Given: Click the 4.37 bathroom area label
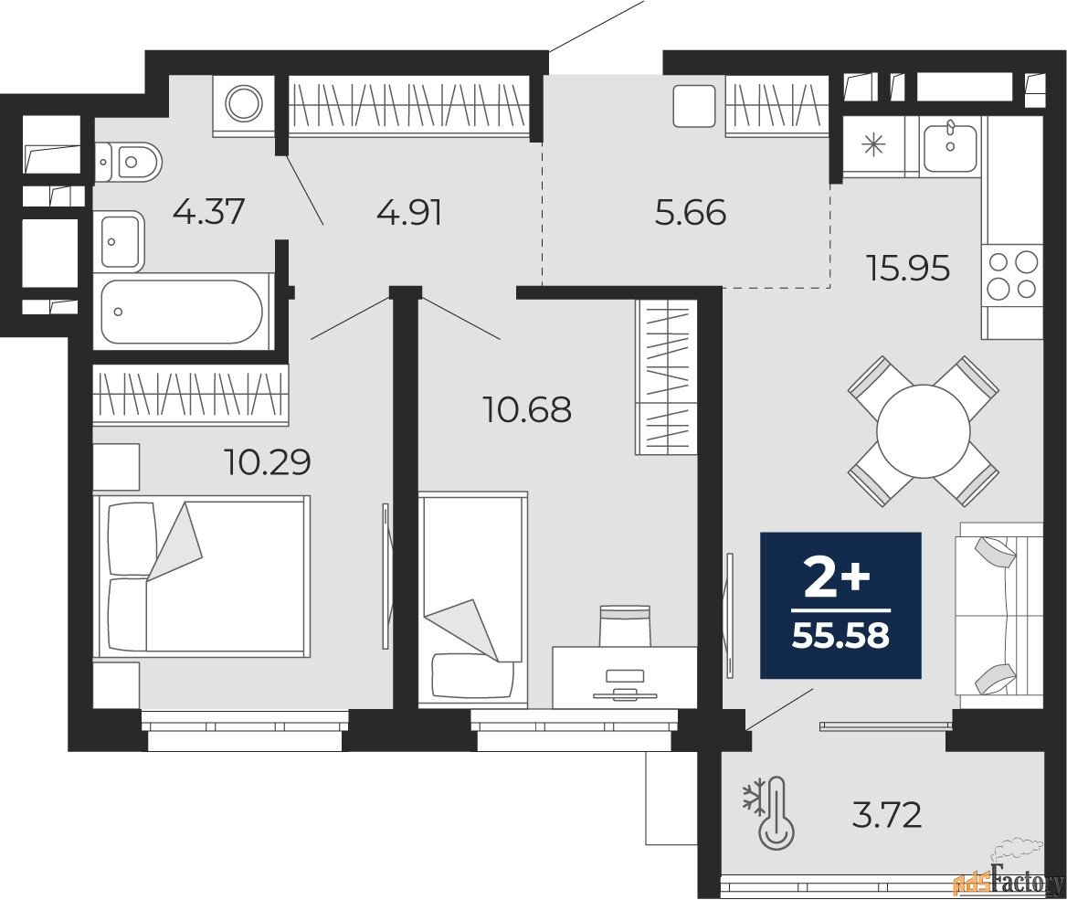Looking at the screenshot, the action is pos(208,211).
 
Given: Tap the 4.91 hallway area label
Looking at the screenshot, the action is pos(409,212).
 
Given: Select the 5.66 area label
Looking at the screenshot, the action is pos(691,212).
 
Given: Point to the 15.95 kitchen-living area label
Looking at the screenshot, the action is pos(908,269).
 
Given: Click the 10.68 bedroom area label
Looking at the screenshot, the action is pos(527,410).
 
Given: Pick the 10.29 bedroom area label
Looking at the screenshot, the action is pos(268,462).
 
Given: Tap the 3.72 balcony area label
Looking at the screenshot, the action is pos(887,815).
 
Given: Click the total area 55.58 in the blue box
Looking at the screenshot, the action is pos(841,636).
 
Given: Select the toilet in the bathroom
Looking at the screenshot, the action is pos(128,163).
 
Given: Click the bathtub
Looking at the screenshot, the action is pos(182,312).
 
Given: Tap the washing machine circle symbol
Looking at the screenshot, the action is pos(244,103).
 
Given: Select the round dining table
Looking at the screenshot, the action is pos(924,431).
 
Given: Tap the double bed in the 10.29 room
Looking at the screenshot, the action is pos(202,576).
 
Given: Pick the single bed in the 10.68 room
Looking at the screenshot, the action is pos(473,598).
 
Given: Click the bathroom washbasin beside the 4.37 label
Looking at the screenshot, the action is pos(122,240).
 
